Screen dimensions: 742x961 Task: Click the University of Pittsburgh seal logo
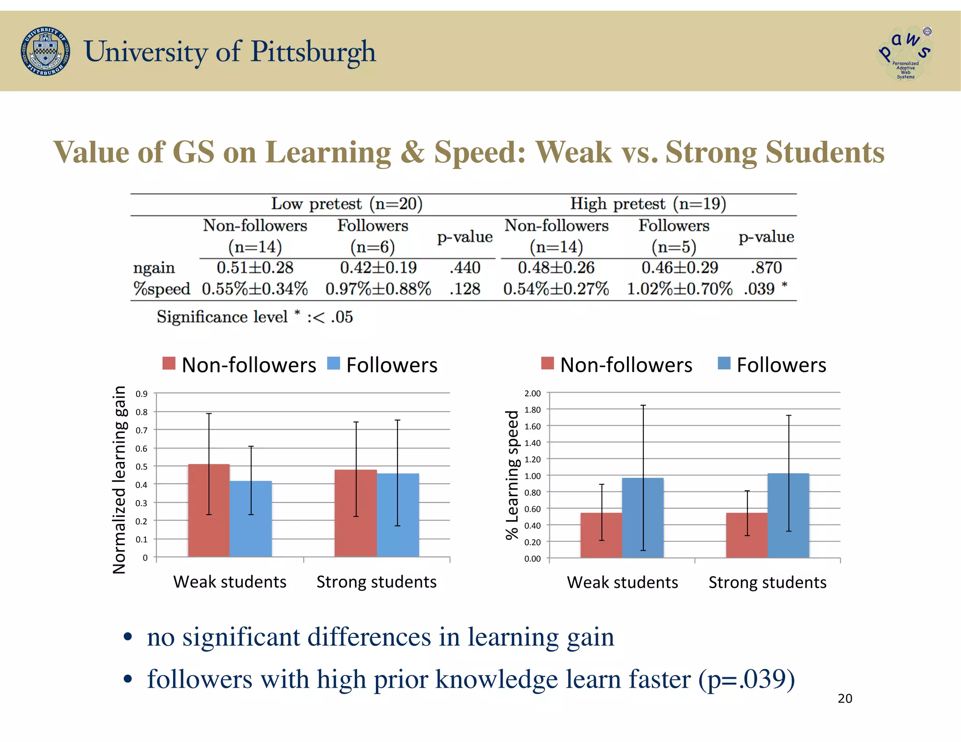(46, 51)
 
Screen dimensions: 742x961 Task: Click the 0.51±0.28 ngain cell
(255, 267)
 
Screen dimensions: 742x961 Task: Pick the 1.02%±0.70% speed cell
(679, 288)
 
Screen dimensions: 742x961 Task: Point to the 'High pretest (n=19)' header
(648, 204)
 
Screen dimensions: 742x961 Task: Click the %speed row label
(162, 288)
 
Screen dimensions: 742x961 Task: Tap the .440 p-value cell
(465, 267)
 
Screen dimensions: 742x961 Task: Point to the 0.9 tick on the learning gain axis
(142, 394)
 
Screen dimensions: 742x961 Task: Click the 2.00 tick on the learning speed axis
(533, 394)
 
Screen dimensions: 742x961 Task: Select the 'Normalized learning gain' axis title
(120, 479)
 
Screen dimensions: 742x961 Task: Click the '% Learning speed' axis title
(512, 475)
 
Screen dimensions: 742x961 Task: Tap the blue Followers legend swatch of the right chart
(724, 363)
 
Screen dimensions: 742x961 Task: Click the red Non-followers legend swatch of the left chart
(169, 363)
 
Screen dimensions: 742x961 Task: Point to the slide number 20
(845, 698)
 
